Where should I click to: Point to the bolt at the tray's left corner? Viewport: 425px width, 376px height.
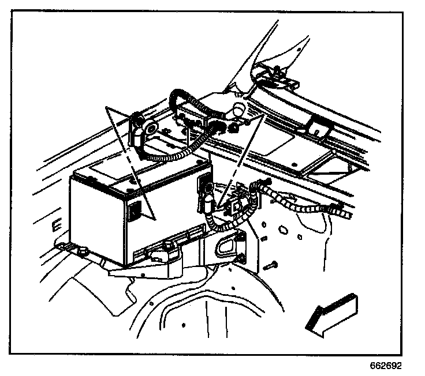pyautogui.click(x=82, y=251)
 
